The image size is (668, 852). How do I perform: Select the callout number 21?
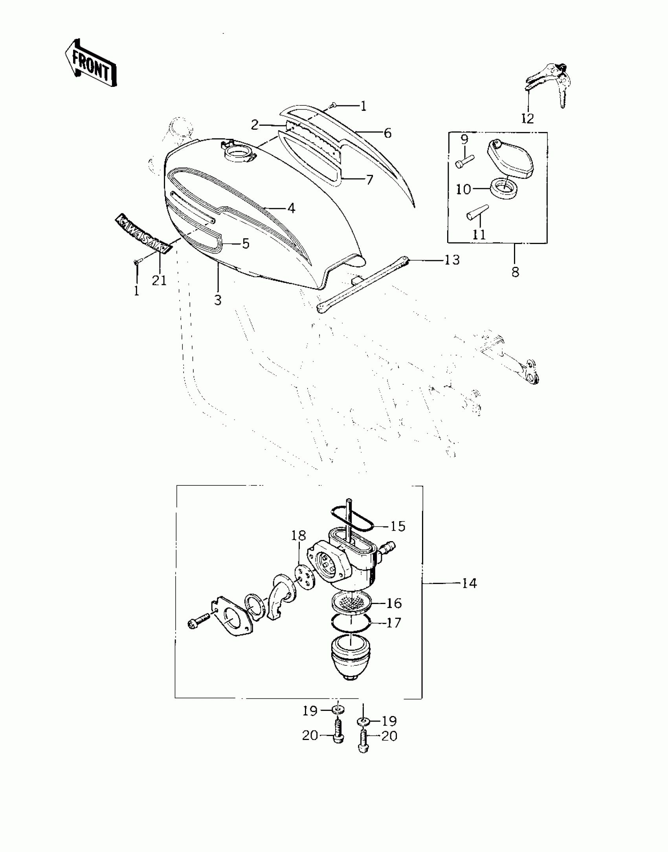(160, 280)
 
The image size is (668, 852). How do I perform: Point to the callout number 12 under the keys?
(527, 118)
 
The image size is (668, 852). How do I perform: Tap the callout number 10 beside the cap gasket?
(464, 189)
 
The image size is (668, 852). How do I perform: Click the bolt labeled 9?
(465, 161)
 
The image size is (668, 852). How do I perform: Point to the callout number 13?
(453, 260)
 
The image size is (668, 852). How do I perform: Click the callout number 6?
(387, 133)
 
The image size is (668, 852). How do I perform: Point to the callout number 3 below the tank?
(218, 300)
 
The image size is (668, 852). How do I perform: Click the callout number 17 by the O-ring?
(394, 622)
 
